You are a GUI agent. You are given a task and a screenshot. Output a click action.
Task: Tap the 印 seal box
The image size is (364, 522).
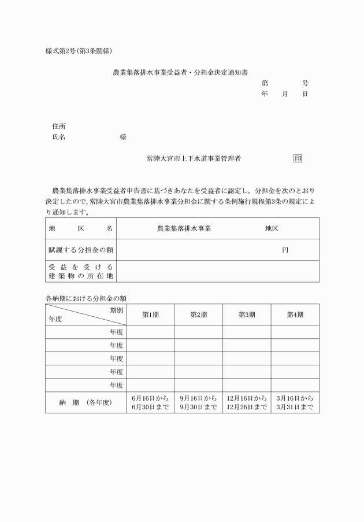pos(298,158)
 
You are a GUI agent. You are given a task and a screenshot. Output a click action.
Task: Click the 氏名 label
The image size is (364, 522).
pos(58,137)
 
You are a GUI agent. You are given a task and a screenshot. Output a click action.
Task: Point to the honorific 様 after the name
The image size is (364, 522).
pos(123,137)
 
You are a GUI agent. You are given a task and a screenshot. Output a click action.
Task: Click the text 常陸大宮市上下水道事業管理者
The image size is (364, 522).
pos(194,158)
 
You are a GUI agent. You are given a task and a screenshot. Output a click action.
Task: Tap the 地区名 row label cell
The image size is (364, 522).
pos(80,228)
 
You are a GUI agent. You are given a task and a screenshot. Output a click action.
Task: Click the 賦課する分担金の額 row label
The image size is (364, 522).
pos(80,250)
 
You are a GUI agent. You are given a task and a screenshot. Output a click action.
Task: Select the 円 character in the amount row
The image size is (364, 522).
pos(285,250)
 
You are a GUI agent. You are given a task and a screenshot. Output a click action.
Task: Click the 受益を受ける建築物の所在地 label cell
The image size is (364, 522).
pos(80,271)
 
